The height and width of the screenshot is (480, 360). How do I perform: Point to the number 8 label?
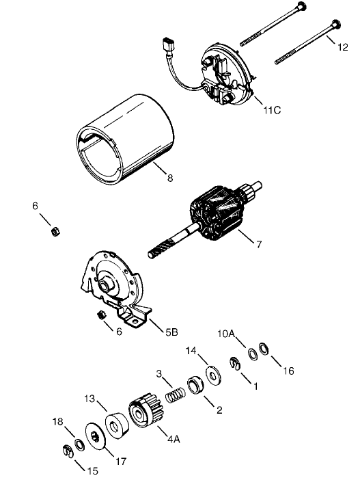point(169,178)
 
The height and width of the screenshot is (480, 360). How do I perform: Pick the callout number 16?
point(288,371)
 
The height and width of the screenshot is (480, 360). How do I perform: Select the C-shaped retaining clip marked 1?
point(234,364)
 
